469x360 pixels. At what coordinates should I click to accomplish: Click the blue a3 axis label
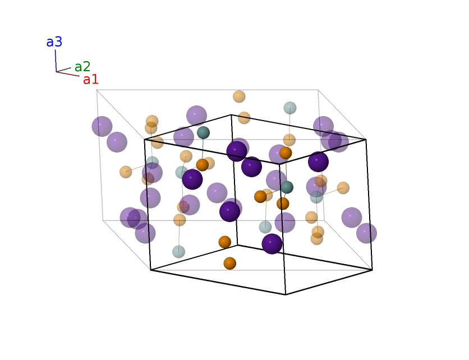[x=54, y=42]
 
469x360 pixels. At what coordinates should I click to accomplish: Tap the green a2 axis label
[x=82, y=67]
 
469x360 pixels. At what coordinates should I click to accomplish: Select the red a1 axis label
[x=91, y=80]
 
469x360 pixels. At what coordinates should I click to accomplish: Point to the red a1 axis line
[x=68, y=74]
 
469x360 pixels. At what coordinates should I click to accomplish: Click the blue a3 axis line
[x=56, y=61]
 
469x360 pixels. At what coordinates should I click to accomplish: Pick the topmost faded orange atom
[x=239, y=96]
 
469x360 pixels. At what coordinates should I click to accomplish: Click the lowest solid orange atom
[x=229, y=264]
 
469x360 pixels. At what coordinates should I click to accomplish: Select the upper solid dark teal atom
[x=203, y=132]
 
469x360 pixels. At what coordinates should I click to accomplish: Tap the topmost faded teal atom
[x=290, y=108]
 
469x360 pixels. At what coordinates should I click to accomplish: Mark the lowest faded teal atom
[x=178, y=252]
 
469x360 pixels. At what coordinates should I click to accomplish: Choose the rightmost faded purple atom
[x=366, y=233]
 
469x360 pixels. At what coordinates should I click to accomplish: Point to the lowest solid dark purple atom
[x=272, y=244]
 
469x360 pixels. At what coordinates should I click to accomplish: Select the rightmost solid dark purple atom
[x=318, y=161]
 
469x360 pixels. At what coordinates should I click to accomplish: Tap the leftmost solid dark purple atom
[x=192, y=179]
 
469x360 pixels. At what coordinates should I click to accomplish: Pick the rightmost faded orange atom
[x=343, y=188]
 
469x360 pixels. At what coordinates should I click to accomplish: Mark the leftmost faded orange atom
[x=126, y=172]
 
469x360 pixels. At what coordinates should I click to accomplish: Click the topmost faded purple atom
[x=196, y=116]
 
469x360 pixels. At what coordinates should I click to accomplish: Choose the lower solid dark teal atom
[x=287, y=187]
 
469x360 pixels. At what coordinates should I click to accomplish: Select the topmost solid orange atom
[x=286, y=153]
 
